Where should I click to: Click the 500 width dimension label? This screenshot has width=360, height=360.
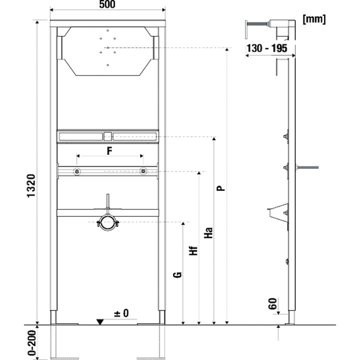click(x=107, y=4)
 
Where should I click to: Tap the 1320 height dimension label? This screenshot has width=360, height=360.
click(x=31, y=186)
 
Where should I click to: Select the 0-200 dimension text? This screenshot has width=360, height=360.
click(x=32, y=343)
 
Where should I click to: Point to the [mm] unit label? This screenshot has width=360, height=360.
click(x=314, y=19)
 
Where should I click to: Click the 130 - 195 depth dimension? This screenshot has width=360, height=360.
click(x=267, y=48)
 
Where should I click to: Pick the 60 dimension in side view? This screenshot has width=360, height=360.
click(x=273, y=303)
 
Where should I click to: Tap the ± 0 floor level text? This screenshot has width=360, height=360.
click(x=121, y=313)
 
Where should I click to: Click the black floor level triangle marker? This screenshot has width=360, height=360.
click(x=100, y=322)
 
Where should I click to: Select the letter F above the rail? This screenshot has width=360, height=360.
click(x=109, y=151)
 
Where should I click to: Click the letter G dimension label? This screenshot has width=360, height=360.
click(x=177, y=275)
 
